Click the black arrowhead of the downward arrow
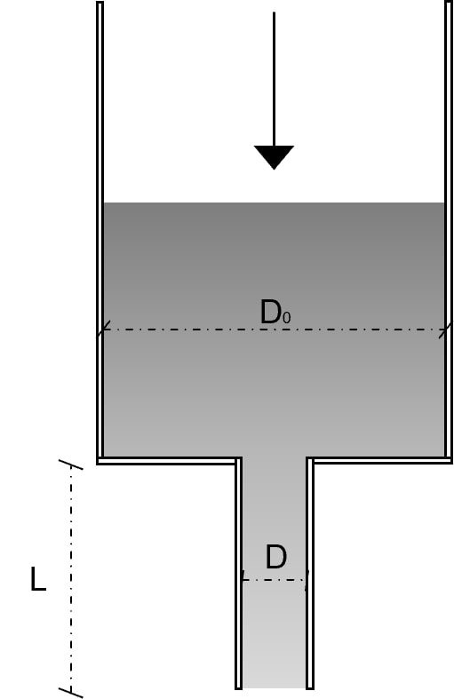[274, 157]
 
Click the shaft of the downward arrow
[274, 79]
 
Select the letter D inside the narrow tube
[275, 557]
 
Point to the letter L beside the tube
[38, 579]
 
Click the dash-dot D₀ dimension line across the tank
[275, 330]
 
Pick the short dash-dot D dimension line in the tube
[274, 580]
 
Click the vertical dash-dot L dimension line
[71, 578]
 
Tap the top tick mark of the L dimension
[71, 465]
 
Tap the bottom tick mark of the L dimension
[71, 692]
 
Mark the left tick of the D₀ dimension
[103, 330]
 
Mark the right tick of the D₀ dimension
[445, 330]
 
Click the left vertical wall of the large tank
[100, 229]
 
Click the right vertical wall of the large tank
[449, 229]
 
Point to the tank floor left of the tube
[169, 460]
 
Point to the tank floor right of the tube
[379, 460]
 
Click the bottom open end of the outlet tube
[275, 687]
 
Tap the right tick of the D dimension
[307, 580]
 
